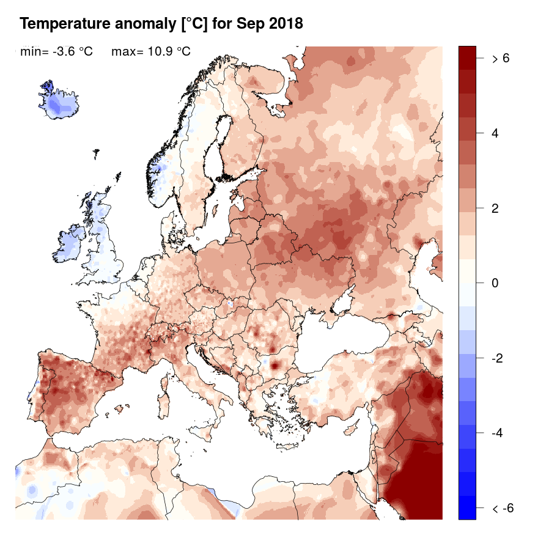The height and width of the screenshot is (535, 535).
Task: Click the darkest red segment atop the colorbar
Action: [x=467, y=55]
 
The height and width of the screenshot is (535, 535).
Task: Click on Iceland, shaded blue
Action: [x=59, y=101]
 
